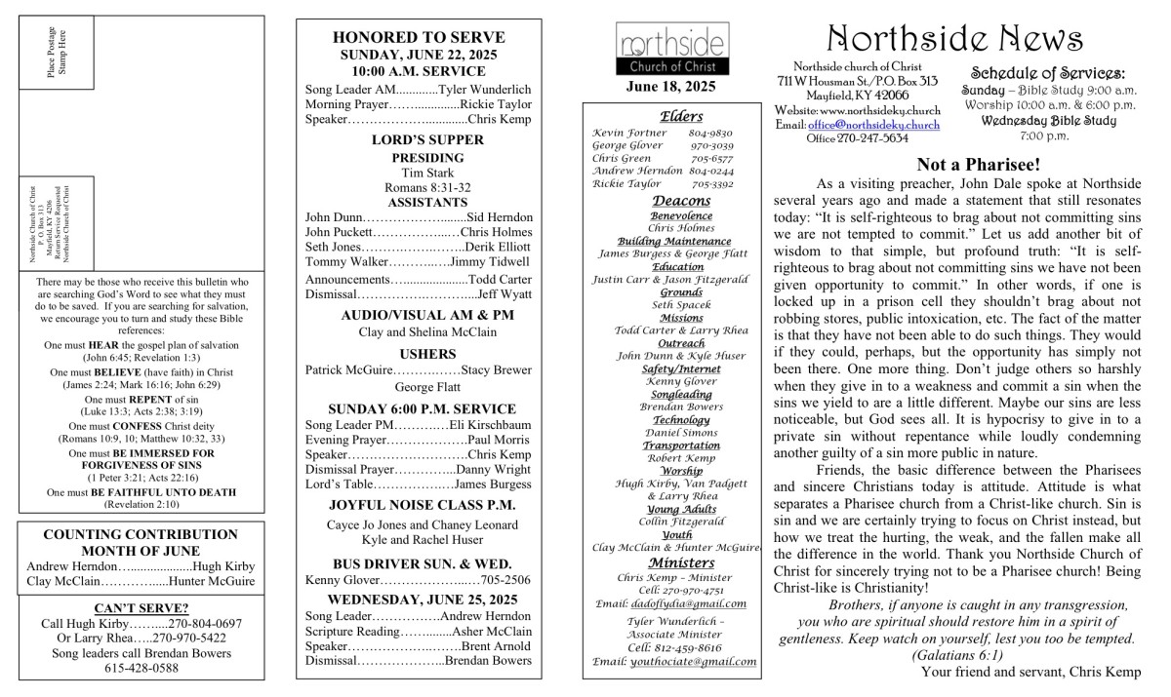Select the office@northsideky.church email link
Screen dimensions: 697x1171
click(x=873, y=125)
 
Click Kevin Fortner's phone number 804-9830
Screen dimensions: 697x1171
click(x=710, y=133)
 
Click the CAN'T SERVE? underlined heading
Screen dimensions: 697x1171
click(x=141, y=608)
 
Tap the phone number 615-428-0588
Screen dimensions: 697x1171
click(x=141, y=668)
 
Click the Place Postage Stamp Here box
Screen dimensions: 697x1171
click(x=56, y=52)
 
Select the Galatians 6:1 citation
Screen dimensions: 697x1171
click(x=957, y=655)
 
